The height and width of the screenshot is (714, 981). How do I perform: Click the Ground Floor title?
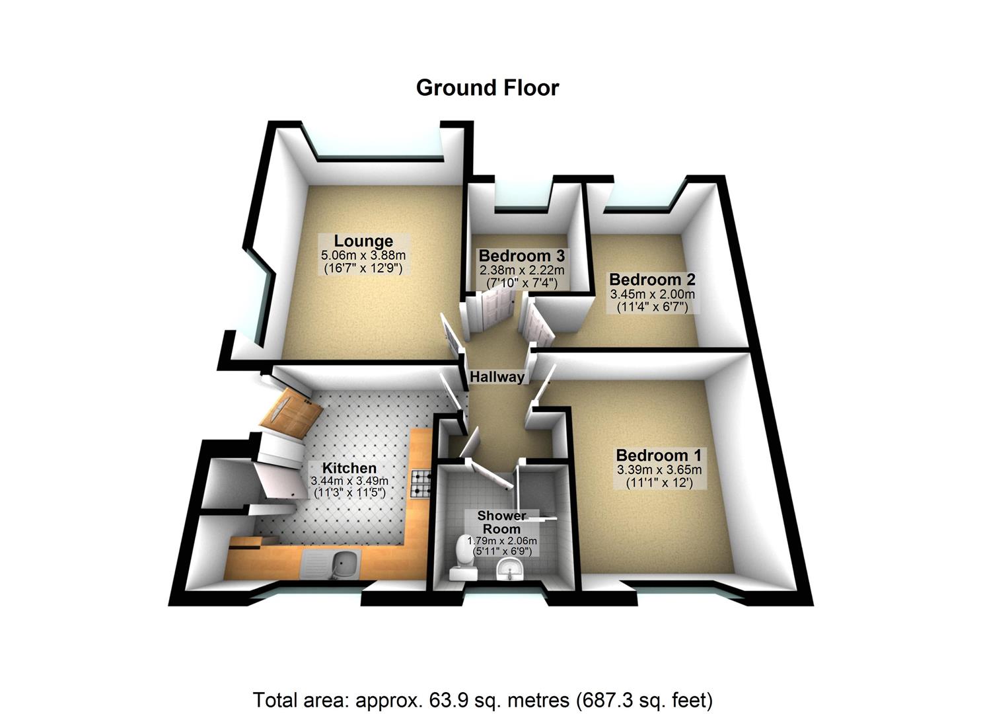488,88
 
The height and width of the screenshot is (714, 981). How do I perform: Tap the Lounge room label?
363,241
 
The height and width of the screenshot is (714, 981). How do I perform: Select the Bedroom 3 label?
521,256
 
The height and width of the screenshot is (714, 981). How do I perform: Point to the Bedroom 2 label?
651,280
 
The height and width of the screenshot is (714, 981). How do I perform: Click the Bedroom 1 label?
658,456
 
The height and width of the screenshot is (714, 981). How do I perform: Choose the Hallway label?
497,377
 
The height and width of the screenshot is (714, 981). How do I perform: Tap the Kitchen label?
349,469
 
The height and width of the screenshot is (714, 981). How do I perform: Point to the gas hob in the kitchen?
421,483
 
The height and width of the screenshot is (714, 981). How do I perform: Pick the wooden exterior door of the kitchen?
291,413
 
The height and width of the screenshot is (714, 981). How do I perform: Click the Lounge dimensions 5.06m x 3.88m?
363,255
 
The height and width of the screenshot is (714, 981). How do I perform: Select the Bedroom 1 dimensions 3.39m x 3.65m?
658,470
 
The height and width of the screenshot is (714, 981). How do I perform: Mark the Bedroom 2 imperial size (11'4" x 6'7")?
651,307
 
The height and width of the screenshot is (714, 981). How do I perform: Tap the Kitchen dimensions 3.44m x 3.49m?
349,481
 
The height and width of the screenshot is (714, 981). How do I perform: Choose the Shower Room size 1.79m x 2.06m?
502,541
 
